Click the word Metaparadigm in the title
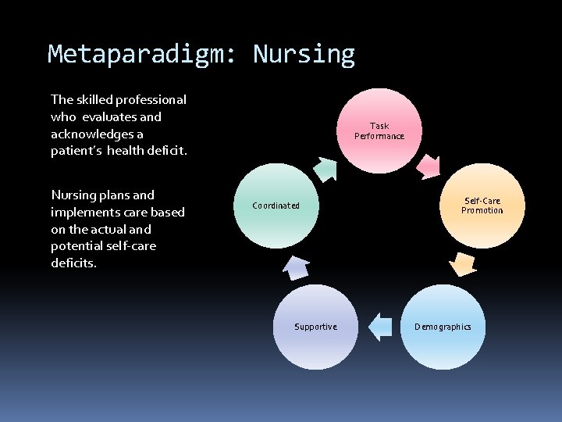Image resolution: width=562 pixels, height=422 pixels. coord(145,55)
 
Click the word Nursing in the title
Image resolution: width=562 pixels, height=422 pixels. coord(304,55)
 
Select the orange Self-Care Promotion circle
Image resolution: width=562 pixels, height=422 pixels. coord(482,206)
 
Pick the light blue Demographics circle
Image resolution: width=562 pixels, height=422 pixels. coord(443,327)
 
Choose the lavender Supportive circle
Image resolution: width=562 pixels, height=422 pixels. coord(315,327)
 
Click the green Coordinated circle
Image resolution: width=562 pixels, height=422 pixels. coord(276,206)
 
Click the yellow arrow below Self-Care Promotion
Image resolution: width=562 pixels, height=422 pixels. coord(464,266)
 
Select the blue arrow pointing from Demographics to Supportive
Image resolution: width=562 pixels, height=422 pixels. coord(380,326)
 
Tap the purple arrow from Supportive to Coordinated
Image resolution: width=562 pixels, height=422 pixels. coord(296,267)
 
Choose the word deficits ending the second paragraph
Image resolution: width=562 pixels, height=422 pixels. coord(73,263)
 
